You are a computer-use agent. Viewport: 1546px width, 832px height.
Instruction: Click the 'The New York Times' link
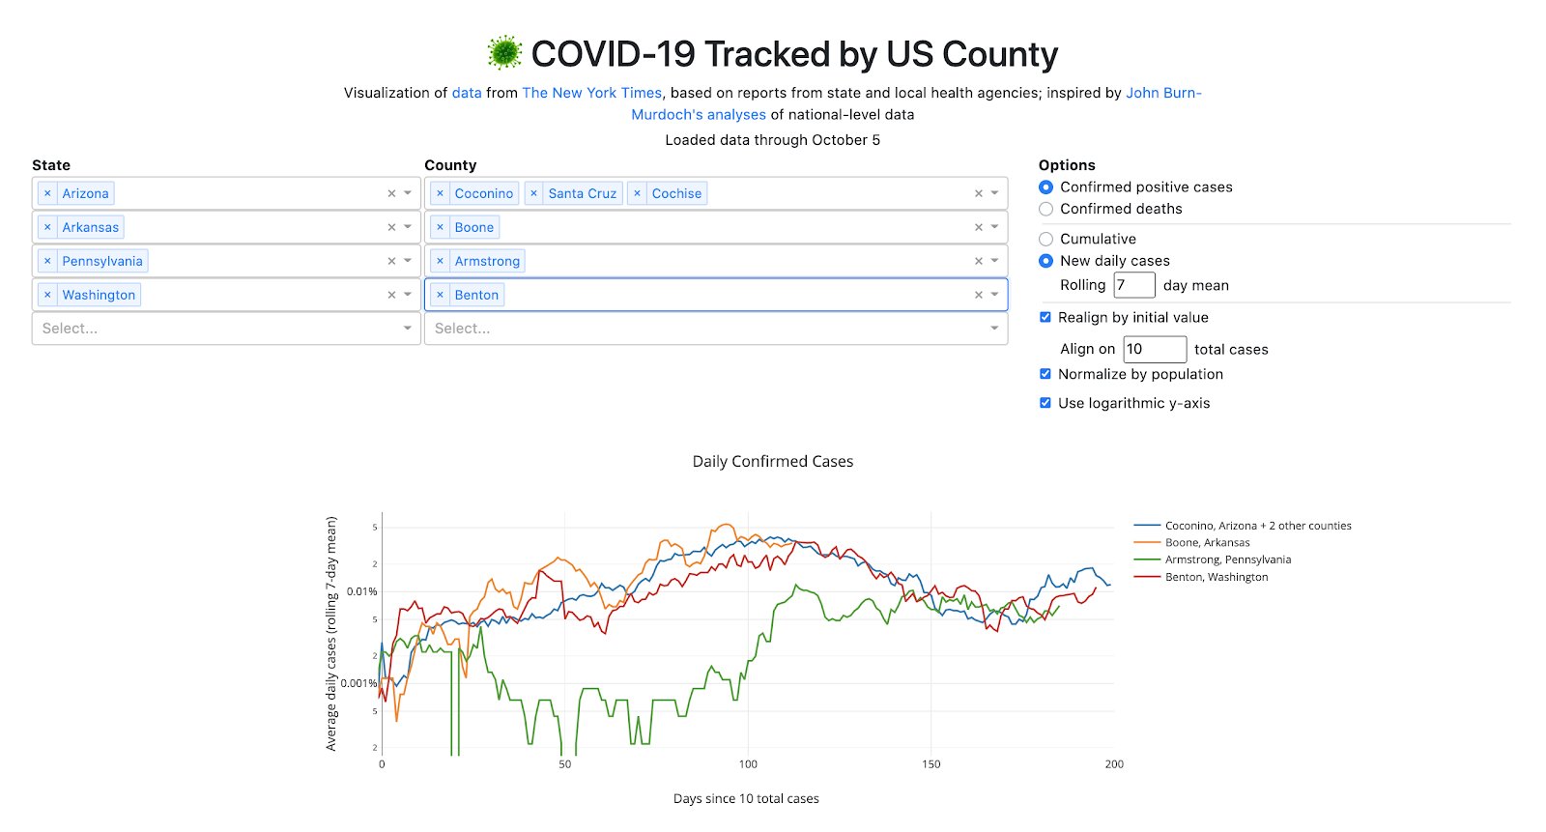click(591, 93)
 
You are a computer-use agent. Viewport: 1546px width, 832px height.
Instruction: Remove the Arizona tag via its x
click(47, 193)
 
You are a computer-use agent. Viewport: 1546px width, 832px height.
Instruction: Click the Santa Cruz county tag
click(582, 193)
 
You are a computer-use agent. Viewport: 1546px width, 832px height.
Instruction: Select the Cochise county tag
click(676, 193)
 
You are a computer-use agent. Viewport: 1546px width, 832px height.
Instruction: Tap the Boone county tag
click(473, 227)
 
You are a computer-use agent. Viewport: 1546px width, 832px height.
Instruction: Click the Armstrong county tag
click(487, 261)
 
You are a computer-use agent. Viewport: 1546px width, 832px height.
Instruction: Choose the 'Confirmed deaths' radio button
click(1045, 209)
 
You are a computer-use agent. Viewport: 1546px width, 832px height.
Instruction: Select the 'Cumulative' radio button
click(1045, 239)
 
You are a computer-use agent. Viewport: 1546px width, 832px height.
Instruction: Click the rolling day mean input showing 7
click(1133, 285)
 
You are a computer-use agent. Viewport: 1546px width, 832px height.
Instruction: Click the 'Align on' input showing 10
click(1154, 349)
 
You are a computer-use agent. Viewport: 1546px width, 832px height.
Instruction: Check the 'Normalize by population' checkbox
click(1045, 374)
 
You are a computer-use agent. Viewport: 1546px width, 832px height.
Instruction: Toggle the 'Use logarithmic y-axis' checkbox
click(1045, 403)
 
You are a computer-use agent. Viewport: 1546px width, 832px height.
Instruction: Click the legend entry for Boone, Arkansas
click(1207, 542)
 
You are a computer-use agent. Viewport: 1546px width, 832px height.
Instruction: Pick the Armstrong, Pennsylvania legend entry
click(1227, 559)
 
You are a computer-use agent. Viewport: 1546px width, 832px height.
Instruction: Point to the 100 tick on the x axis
click(748, 764)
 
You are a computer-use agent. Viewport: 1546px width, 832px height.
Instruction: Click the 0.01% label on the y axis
click(361, 591)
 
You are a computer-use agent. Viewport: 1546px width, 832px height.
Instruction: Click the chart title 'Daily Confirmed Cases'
click(772, 462)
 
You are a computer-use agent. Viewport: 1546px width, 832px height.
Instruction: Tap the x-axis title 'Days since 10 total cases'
click(746, 799)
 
